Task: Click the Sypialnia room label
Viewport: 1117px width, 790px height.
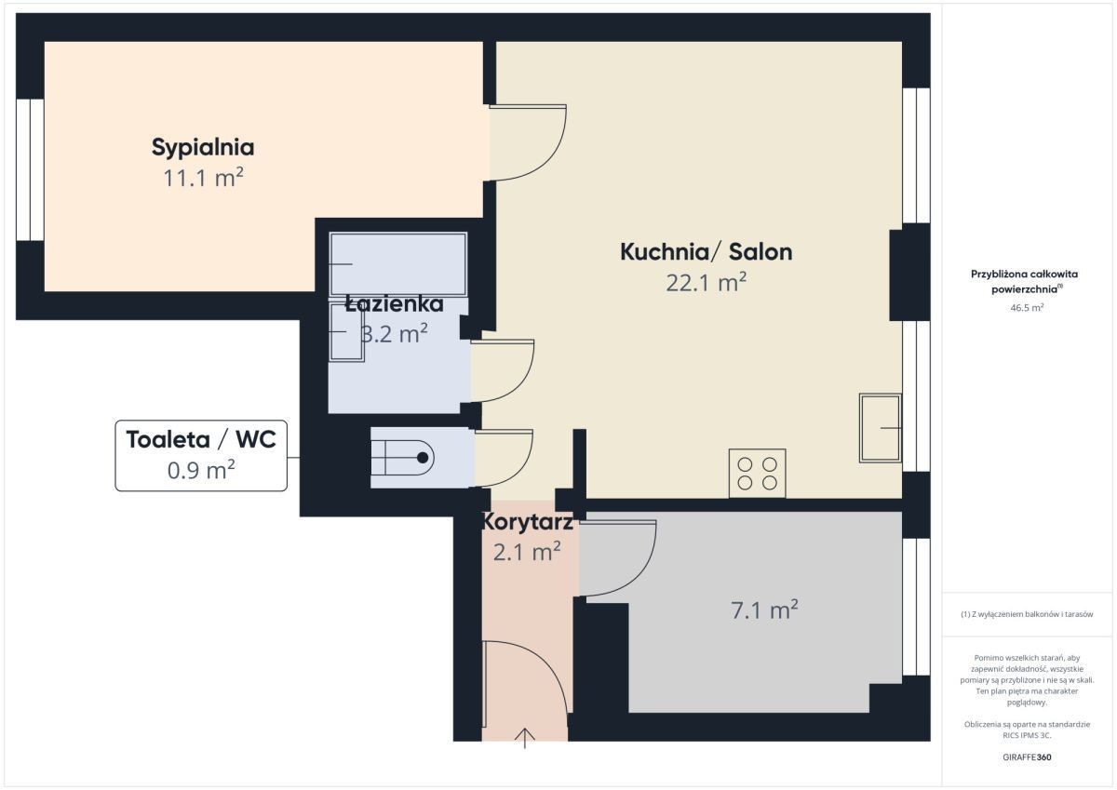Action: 203,148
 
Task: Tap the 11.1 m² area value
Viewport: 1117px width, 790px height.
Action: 204,178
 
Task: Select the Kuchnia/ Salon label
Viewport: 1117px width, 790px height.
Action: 707,252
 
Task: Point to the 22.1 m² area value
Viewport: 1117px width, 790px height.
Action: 707,283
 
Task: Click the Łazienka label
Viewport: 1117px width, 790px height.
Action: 394,304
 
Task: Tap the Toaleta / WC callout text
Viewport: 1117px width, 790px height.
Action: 201,439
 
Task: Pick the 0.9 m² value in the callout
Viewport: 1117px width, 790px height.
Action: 201,470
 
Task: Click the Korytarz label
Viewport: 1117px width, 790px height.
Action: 527,522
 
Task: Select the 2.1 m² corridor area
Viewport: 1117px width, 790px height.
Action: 527,552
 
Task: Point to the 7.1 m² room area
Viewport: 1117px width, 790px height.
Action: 764,610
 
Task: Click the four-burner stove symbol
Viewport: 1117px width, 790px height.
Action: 757,473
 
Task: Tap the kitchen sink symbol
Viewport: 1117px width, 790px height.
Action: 881,428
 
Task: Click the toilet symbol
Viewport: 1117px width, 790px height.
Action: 402,458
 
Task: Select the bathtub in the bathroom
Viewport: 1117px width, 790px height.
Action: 398,264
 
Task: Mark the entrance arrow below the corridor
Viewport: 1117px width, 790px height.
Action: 525,738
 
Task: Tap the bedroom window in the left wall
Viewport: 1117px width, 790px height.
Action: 30,170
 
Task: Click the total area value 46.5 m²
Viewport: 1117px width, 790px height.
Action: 1027,307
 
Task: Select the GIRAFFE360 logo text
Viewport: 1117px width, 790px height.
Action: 1027,757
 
